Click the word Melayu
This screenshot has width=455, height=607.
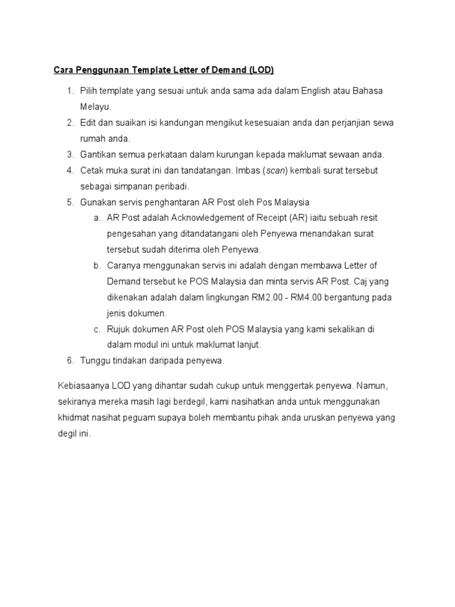tap(95, 107)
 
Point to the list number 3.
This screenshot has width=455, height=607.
tap(69, 155)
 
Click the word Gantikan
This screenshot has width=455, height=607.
tap(99, 155)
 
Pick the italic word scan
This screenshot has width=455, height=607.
tap(275, 171)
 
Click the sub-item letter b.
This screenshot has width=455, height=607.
tap(97, 265)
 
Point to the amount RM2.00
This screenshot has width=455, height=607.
tap(267, 297)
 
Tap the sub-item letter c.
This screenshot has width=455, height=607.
tap(97, 329)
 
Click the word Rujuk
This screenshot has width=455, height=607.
tap(119, 329)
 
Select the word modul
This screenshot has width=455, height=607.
tap(148, 344)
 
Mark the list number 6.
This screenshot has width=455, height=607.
tap(69, 360)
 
